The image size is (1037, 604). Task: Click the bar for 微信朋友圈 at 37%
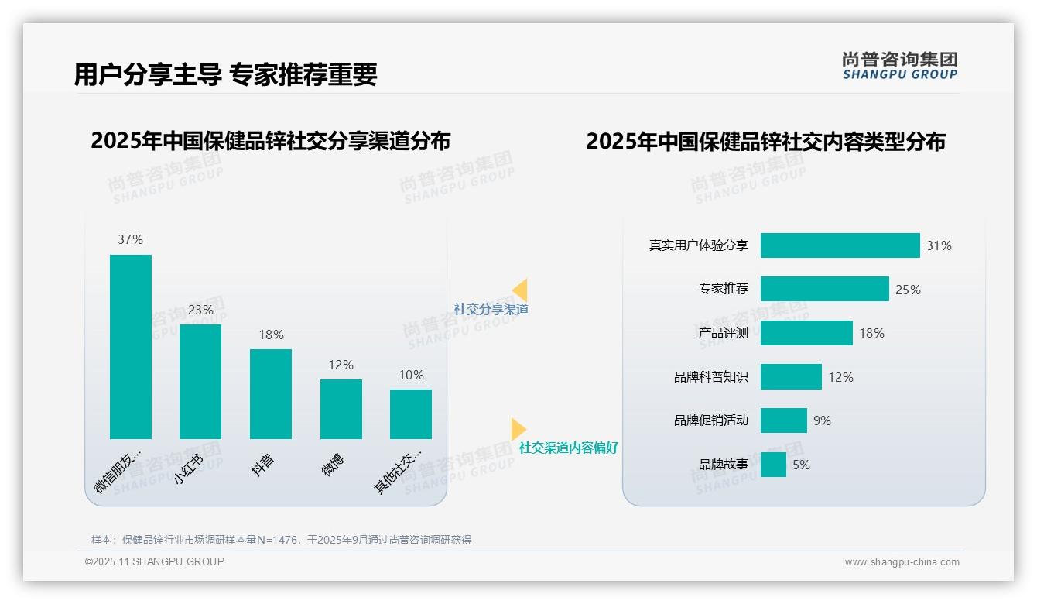(131, 346)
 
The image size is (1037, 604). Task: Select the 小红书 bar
(200, 381)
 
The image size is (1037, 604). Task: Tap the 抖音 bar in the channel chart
(271, 393)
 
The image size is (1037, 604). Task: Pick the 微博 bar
(341, 409)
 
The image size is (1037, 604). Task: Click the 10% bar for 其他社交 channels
(411, 414)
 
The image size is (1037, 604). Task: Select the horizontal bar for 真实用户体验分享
(840, 245)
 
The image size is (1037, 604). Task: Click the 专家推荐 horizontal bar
(824, 289)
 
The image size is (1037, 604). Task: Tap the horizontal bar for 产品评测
(806, 333)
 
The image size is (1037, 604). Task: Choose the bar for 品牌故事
(773, 465)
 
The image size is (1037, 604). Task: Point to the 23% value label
(200, 310)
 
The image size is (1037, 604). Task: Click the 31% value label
(939, 246)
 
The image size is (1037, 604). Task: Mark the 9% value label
(822, 420)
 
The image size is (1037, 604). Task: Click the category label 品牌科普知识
(711, 377)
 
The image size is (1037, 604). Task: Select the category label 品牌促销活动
(711, 420)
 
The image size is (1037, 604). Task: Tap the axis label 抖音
(263, 465)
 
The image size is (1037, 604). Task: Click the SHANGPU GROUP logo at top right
(900, 66)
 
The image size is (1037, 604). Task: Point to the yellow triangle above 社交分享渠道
(520, 290)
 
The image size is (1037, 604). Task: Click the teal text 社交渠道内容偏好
(569, 448)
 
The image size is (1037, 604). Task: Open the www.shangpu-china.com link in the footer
(902, 562)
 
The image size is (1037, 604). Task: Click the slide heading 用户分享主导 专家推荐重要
(225, 74)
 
